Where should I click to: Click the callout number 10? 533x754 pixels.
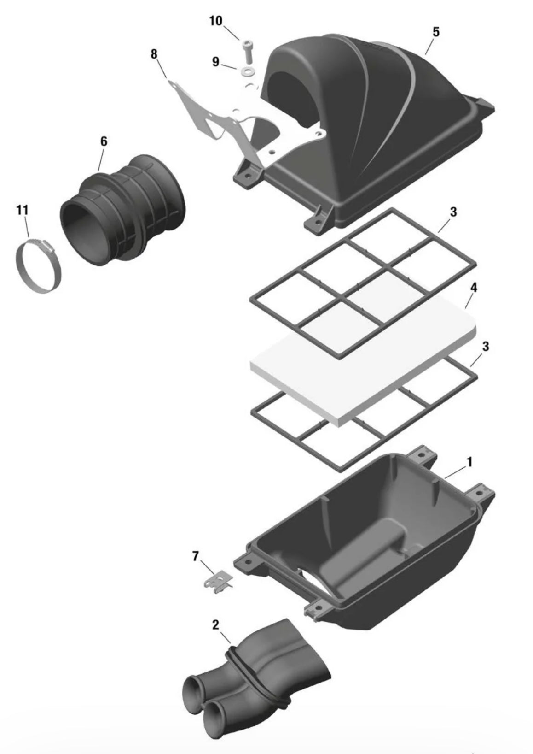tap(216, 21)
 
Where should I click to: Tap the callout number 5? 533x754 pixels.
tap(435, 32)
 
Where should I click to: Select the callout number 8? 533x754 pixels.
tap(154, 54)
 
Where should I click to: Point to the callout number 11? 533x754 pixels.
tap(22, 210)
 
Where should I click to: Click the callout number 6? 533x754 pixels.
tap(104, 141)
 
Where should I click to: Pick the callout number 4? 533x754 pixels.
tap(474, 288)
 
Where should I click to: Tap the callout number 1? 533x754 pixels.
tap(469, 462)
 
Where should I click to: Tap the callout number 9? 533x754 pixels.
tap(215, 62)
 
